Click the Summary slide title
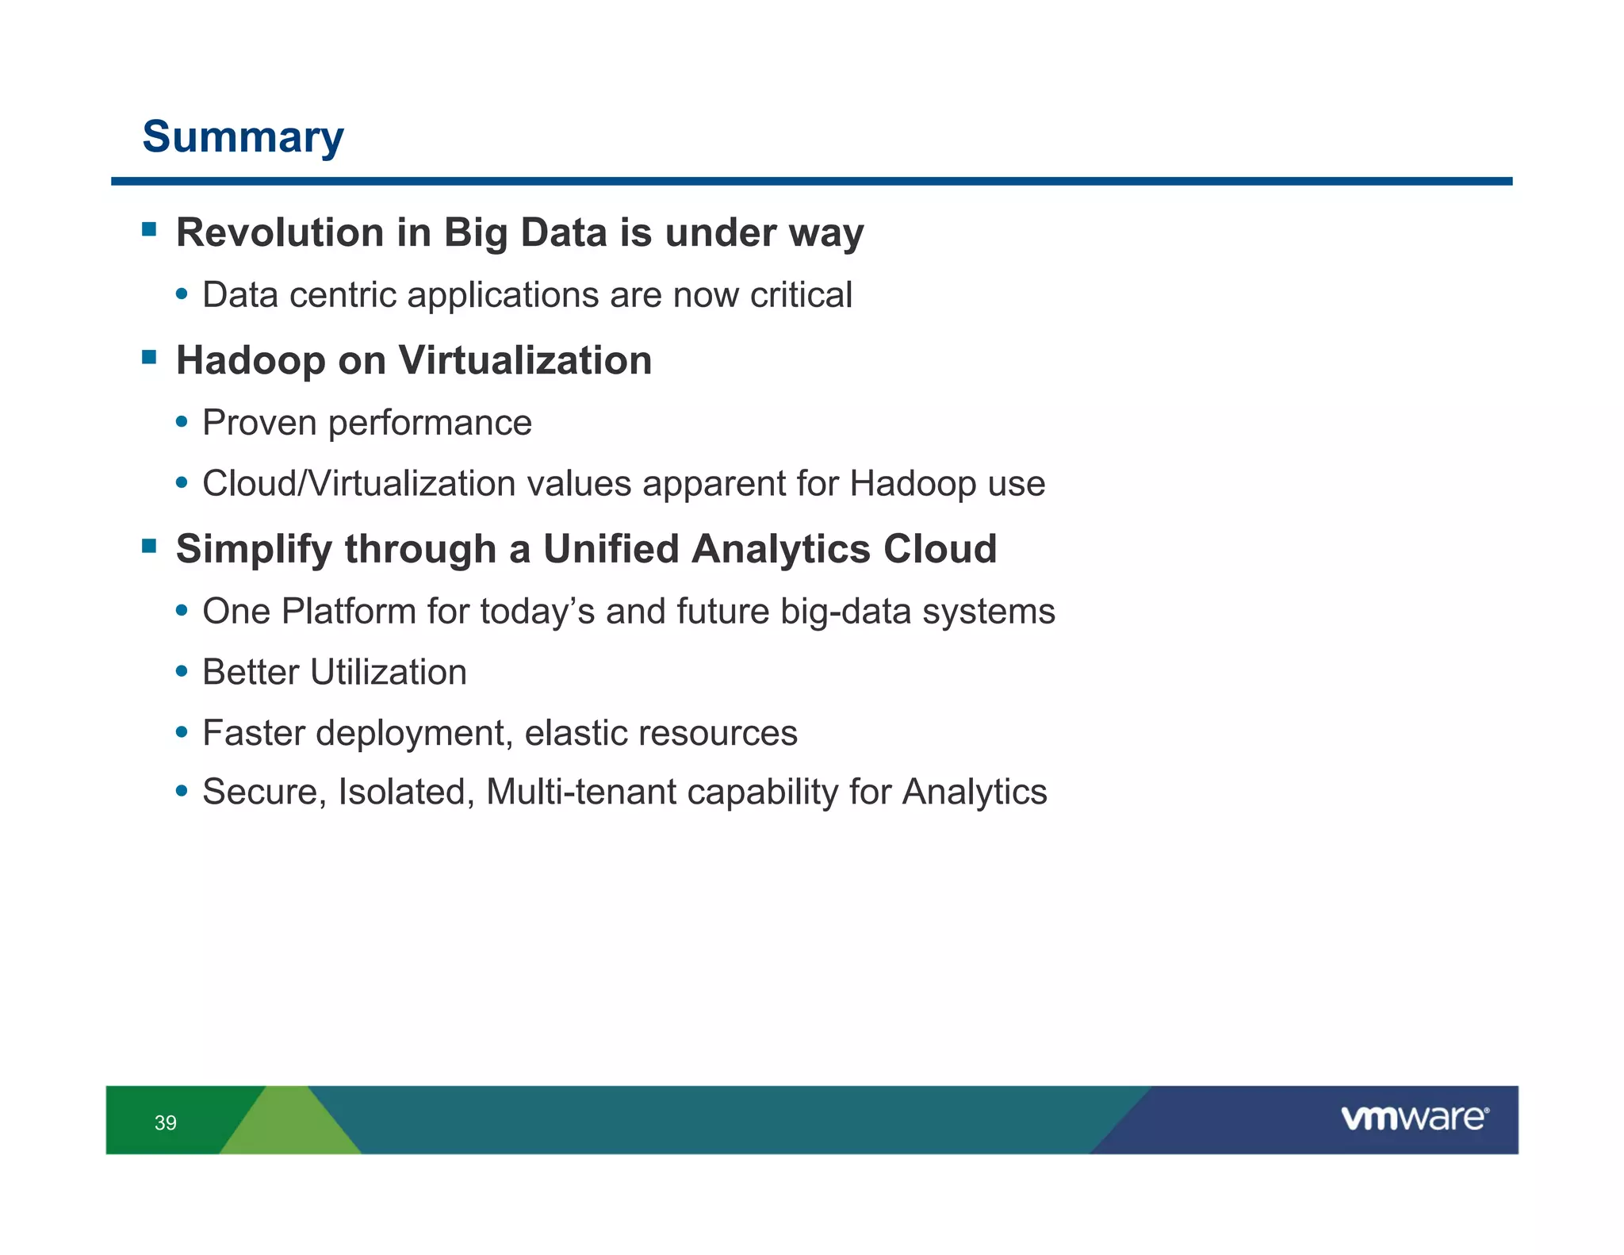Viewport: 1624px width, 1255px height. point(243,137)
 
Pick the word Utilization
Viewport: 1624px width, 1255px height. point(388,673)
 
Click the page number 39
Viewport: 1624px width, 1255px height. point(166,1123)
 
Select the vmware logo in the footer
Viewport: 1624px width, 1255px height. point(1414,1119)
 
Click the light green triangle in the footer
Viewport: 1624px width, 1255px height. point(290,1126)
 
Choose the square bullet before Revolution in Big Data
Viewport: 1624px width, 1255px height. point(149,229)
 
